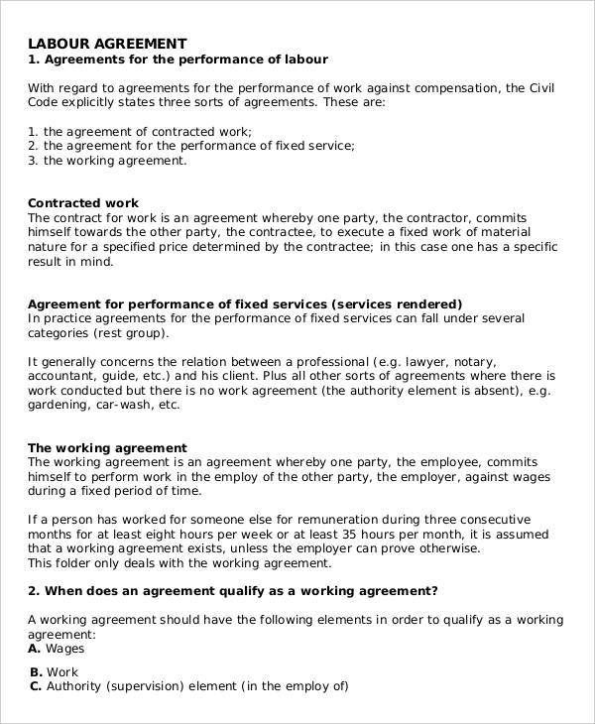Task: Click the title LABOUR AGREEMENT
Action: pyautogui.click(x=107, y=44)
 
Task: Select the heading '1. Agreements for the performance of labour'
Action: pyautogui.click(x=178, y=60)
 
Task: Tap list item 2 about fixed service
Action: pyautogui.click(x=191, y=145)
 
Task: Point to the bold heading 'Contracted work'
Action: pyautogui.click(x=83, y=203)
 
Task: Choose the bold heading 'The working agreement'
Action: pyautogui.click(x=107, y=448)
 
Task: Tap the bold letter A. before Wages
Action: pyautogui.click(x=35, y=649)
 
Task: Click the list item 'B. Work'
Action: pyautogui.click(x=57, y=671)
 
